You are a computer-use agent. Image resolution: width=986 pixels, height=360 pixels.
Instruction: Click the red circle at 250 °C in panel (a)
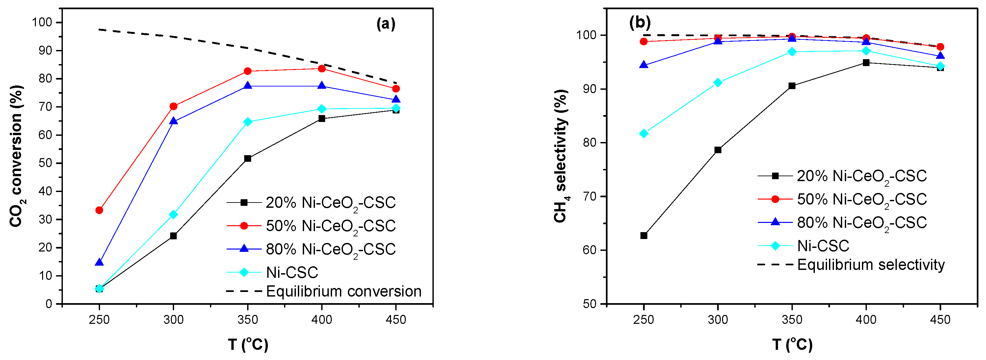[x=99, y=210]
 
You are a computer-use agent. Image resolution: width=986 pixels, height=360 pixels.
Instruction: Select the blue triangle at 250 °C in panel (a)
[x=99, y=262]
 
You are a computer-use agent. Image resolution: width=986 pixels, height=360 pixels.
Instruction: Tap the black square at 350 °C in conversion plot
[x=247, y=158]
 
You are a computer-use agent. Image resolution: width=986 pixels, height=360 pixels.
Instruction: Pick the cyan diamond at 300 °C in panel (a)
[x=173, y=215]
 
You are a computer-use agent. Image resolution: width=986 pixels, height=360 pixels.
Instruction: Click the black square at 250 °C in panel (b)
[x=644, y=236]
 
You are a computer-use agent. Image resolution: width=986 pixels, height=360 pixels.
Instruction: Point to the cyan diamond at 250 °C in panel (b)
[x=644, y=133]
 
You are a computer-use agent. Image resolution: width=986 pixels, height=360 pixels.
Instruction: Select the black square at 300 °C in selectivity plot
[x=718, y=150]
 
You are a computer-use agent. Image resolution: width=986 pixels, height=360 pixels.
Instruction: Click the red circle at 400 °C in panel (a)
[x=322, y=69]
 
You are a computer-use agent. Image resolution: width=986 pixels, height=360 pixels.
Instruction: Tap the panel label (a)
[x=385, y=24]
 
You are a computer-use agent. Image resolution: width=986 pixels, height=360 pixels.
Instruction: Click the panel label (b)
[x=639, y=23]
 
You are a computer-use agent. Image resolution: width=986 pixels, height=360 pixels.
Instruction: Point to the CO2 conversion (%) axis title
[x=16, y=156]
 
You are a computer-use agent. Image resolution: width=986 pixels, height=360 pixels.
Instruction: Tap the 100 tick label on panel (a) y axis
[x=42, y=22]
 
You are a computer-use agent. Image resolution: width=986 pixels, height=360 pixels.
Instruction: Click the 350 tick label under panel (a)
[x=247, y=320]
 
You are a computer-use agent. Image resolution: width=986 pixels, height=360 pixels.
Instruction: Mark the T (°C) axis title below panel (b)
[x=792, y=345]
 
